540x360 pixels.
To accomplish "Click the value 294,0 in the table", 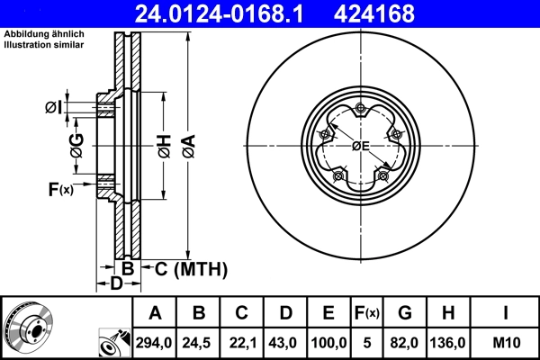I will tap(155, 342).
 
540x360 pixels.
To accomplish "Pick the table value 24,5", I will tap(199, 342).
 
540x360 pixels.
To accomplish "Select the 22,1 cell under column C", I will tap(242, 342).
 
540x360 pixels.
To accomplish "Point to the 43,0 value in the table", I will tap(285, 342).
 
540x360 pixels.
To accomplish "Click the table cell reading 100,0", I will tap(328, 342).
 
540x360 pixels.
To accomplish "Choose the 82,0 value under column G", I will tap(405, 342).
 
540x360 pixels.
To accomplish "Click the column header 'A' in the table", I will tap(155, 313).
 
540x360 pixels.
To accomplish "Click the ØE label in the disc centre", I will tap(361, 146).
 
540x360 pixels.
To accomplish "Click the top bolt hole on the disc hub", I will tap(360, 110).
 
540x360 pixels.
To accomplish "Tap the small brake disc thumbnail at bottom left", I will tap(28, 327).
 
